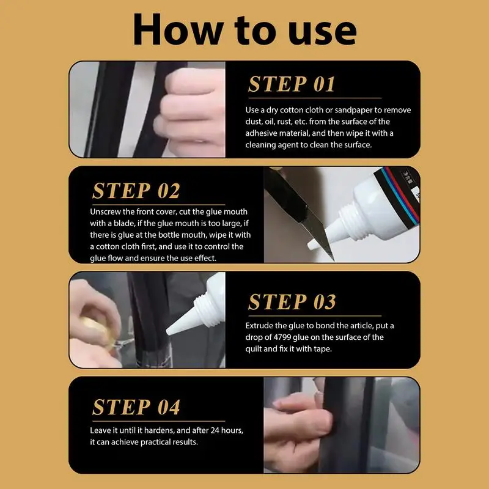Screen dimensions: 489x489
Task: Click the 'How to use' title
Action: [x=245, y=30]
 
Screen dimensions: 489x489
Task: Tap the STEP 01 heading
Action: [x=292, y=84]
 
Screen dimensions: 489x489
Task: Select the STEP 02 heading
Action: [x=136, y=190]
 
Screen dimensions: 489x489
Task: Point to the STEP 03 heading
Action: [x=292, y=301]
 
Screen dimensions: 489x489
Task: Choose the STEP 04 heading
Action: [x=136, y=406]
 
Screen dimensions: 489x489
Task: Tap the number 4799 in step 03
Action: [x=282, y=337]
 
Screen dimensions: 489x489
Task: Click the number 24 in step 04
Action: [x=215, y=430]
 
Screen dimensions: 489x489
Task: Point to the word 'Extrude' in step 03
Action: [x=260, y=326]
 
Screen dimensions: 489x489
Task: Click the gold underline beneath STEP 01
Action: [x=315, y=98]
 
